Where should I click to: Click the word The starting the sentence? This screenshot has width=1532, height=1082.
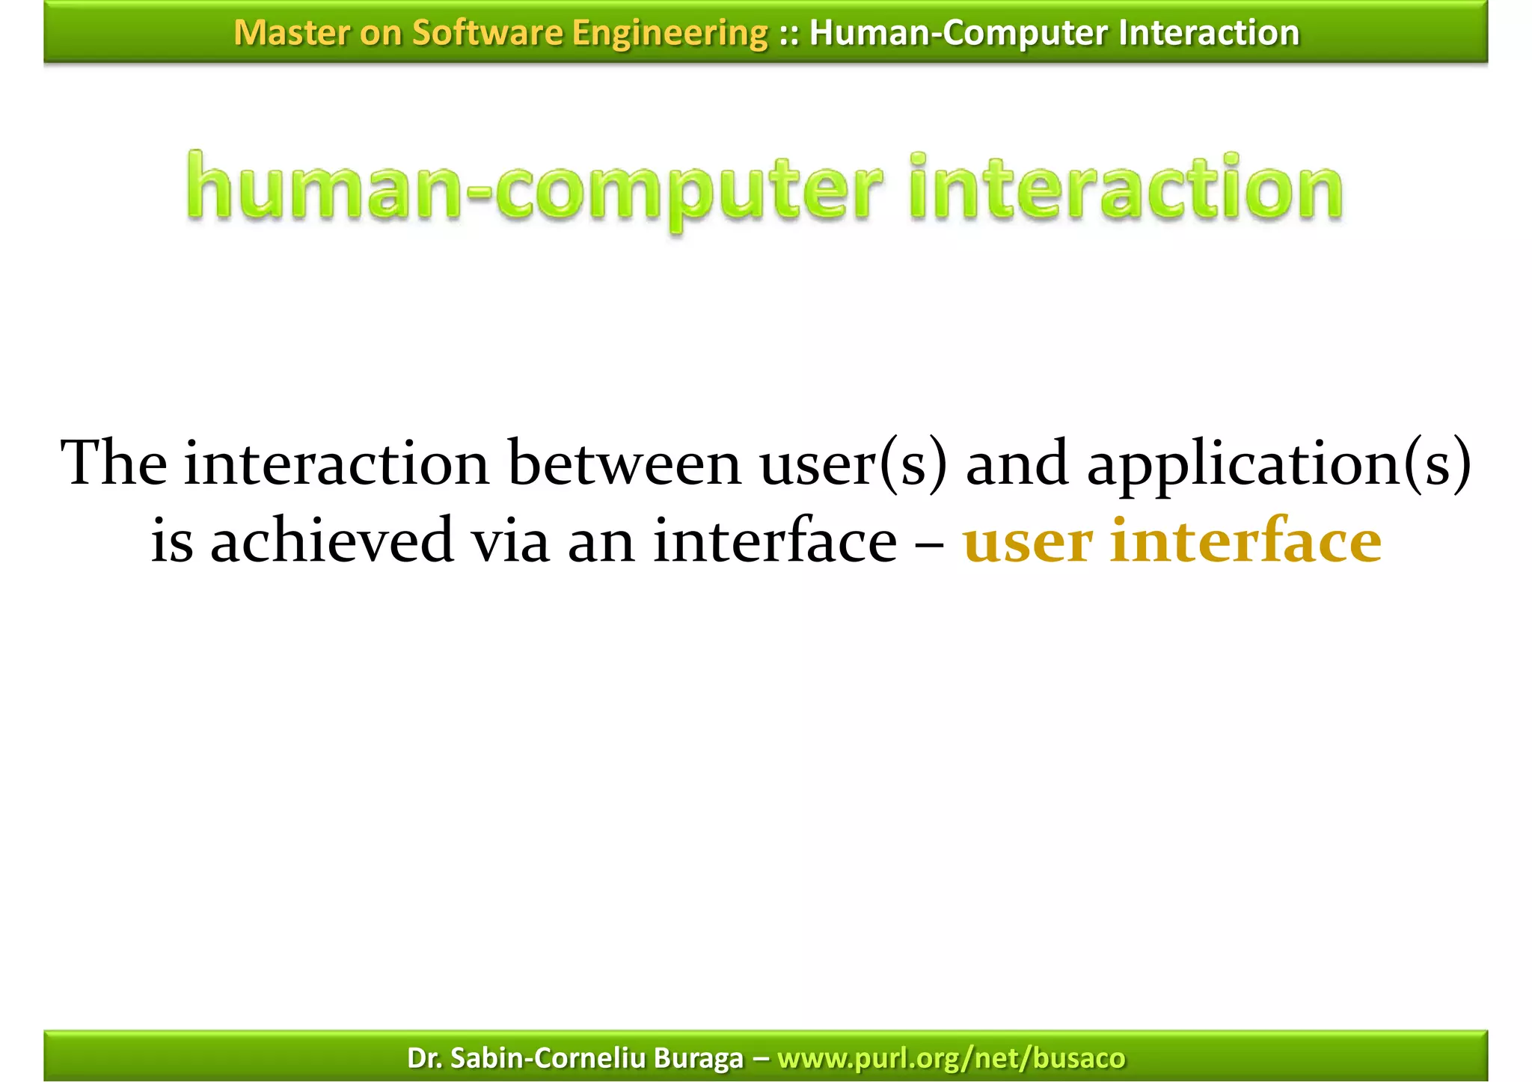pos(114,463)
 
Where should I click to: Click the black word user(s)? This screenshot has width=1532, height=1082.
pos(854,463)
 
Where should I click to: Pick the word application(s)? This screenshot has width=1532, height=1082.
pos(1278,464)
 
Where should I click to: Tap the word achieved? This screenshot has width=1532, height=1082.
pos(331,541)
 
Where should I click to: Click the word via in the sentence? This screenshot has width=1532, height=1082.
pos(509,541)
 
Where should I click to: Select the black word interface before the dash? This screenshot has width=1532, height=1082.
pos(774,541)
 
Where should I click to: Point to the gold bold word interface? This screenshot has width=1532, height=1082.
pos(1245,541)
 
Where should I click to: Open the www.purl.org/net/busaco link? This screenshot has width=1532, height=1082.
pos(951,1058)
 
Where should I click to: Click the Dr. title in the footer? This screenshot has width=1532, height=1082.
pos(423,1058)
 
